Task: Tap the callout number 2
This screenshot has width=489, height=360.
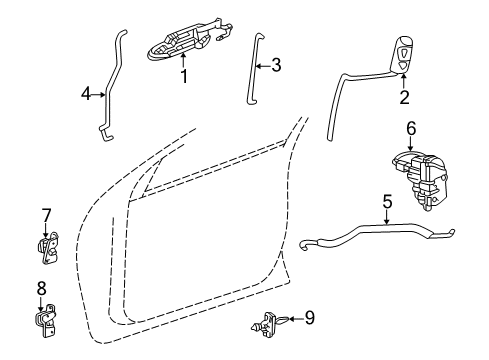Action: click(404, 97)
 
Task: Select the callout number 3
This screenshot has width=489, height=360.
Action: click(276, 66)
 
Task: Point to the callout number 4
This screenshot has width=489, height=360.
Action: click(87, 95)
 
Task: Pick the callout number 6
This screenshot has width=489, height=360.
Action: click(410, 127)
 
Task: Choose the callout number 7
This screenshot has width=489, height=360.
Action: click(46, 215)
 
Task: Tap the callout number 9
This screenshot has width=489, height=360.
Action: click(309, 318)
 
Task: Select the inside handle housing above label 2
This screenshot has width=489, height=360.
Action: click(401, 53)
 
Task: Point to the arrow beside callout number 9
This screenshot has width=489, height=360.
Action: click(293, 318)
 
